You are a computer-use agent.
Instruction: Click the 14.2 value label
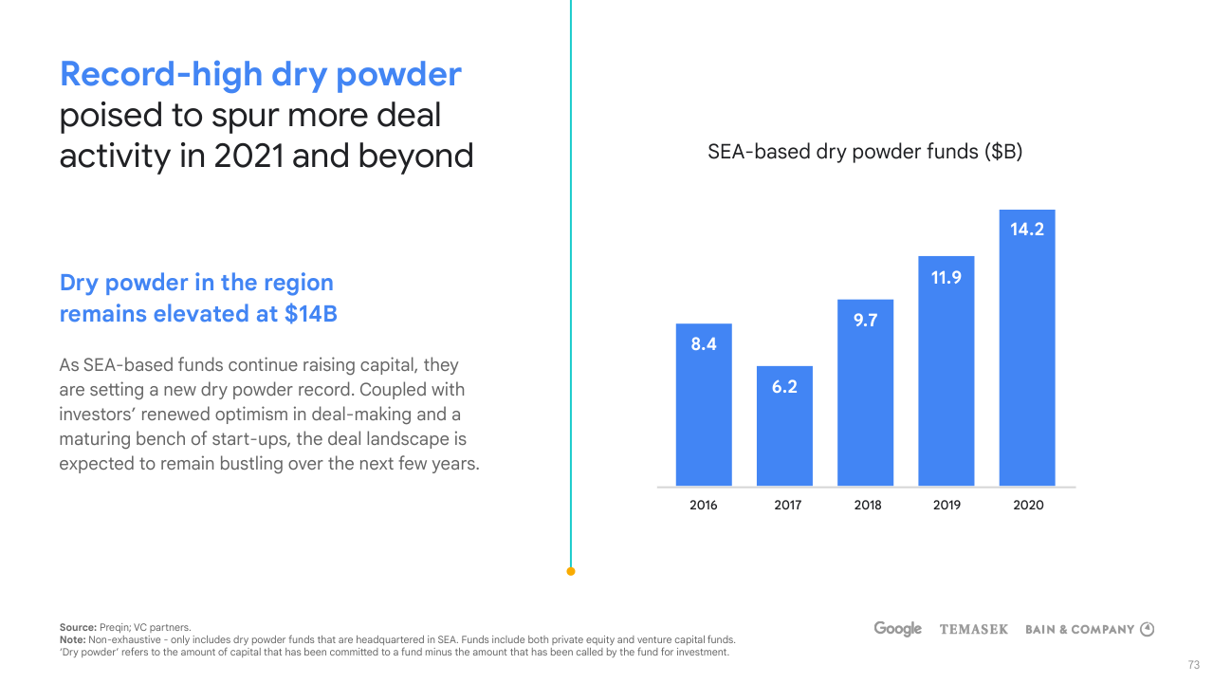pos(1027,229)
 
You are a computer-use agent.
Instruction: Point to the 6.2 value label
pos(784,387)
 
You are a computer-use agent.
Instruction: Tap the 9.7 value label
pos(865,320)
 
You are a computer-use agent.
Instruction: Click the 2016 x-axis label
pos(704,505)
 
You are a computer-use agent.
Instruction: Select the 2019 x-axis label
pos(947,505)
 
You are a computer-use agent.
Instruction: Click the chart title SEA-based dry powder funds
pos(865,152)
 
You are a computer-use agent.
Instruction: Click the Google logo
pos(897,629)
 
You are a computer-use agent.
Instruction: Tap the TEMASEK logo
pos(973,629)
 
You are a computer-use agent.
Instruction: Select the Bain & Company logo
pos(1090,629)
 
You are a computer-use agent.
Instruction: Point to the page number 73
pos(1194,664)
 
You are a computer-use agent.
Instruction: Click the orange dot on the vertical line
pos(571,571)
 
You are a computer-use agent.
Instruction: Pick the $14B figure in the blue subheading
pos(311,314)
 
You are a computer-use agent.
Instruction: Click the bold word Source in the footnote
pos(78,627)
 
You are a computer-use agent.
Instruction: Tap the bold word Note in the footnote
pos(72,639)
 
